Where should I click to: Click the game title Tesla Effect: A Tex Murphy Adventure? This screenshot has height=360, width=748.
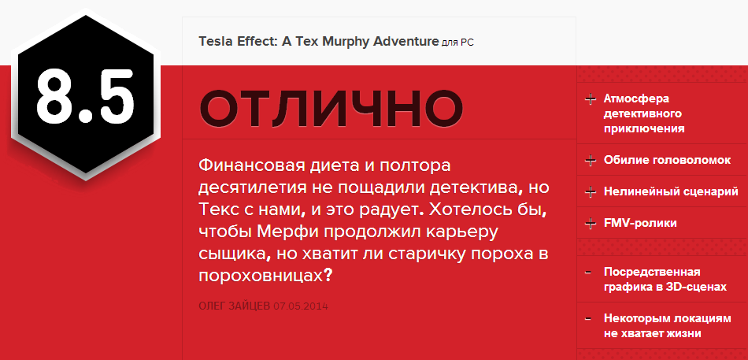(x=318, y=40)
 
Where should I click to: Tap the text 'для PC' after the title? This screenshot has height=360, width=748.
(x=458, y=41)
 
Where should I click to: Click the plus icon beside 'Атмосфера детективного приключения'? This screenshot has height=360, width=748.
(x=590, y=100)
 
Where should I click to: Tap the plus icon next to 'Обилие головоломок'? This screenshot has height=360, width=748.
(x=590, y=161)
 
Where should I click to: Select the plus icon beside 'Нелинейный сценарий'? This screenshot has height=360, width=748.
(x=590, y=191)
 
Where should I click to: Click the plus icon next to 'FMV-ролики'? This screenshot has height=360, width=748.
(x=590, y=224)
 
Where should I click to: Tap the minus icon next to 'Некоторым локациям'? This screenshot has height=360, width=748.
(x=589, y=319)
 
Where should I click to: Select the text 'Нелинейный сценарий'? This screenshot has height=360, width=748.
(x=671, y=191)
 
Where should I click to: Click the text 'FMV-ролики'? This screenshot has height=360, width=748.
(x=640, y=223)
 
